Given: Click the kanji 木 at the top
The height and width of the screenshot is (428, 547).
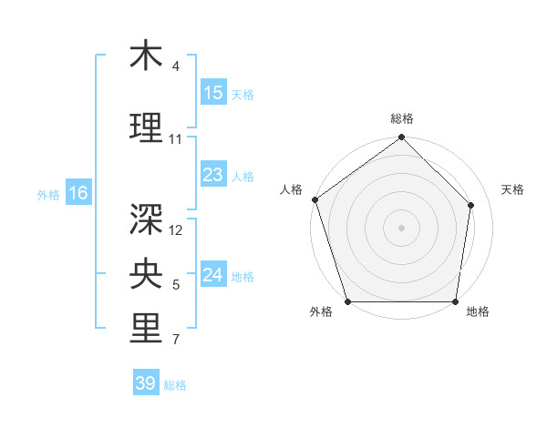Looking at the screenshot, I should (x=146, y=56).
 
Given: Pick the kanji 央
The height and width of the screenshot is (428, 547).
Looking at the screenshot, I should (x=146, y=272).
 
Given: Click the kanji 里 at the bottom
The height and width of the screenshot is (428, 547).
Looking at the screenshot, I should (x=146, y=329).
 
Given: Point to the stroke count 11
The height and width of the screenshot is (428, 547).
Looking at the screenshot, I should (x=176, y=139).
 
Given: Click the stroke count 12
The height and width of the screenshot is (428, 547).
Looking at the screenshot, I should (x=177, y=229).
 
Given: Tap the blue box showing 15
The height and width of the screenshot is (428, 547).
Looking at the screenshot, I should (x=213, y=93).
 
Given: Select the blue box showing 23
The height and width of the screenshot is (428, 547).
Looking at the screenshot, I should (x=213, y=175).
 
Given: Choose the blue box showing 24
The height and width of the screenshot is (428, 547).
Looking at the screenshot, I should (x=213, y=275).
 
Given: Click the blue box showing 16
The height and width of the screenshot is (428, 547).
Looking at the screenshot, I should (x=77, y=193).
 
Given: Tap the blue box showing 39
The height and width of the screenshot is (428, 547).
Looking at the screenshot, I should (x=146, y=383).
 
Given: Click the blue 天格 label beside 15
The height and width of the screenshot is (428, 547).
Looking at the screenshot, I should (x=243, y=94).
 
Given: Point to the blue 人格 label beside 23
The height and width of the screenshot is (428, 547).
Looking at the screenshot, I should (x=243, y=176).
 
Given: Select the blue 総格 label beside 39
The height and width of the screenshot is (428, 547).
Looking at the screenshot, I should (x=175, y=384).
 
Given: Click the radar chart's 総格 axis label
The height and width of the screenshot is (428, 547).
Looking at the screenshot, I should (x=402, y=119).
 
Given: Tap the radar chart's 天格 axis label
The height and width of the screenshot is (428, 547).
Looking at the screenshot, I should (x=513, y=189).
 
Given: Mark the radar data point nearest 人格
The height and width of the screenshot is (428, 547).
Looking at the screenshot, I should (x=315, y=199).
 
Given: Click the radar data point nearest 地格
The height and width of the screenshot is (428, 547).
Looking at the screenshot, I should (x=455, y=301).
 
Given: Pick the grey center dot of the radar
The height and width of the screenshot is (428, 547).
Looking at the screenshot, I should (x=401, y=228).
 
